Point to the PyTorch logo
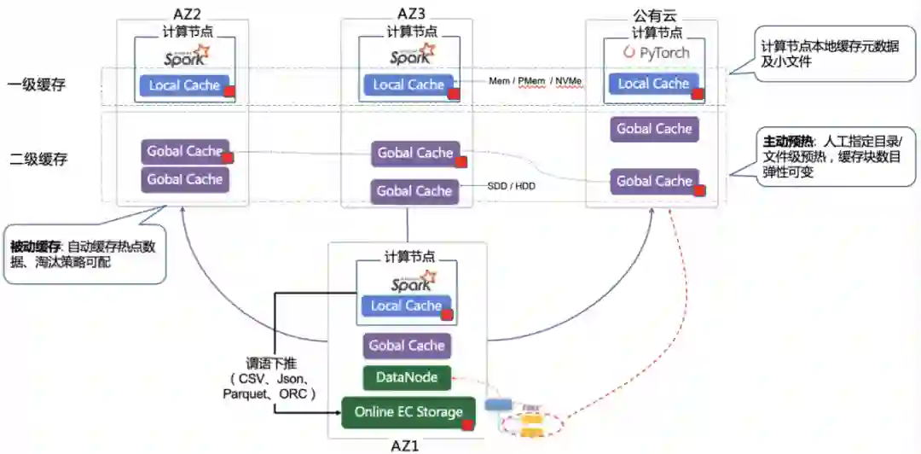654,53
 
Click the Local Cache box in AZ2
184,85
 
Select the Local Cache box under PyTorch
653,84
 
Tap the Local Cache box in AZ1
406,306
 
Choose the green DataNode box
400,377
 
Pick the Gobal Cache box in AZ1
406,346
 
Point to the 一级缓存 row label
36,85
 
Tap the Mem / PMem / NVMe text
536,81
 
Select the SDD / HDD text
511,185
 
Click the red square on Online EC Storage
467,424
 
